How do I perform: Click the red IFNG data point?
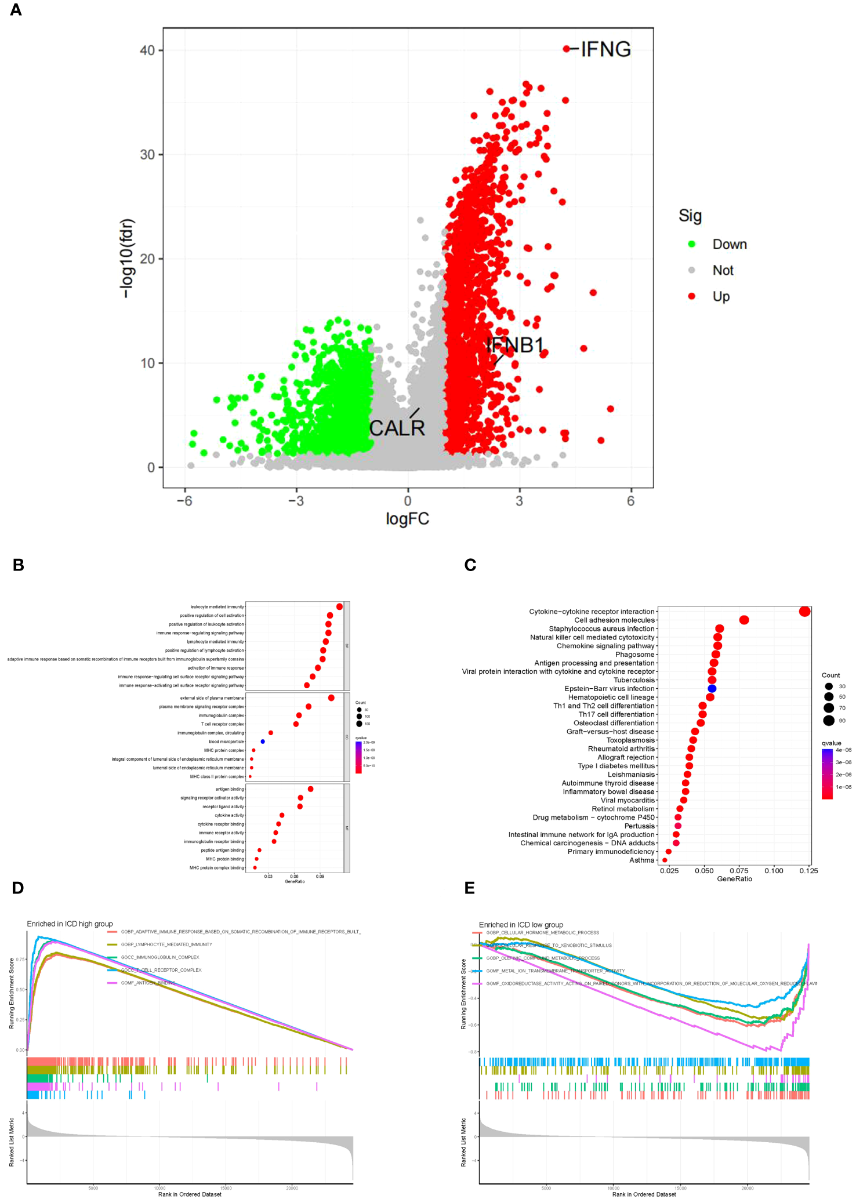pyautogui.click(x=566, y=49)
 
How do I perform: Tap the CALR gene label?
pyautogui.click(x=397, y=428)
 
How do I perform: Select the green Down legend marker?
pyautogui.click(x=691, y=244)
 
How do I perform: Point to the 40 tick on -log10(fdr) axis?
pyautogui.click(x=147, y=50)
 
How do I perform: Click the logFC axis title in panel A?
pyautogui.click(x=407, y=518)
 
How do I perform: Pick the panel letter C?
pyautogui.click(x=470, y=565)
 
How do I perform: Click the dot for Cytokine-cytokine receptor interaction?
pyautogui.click(x=804, y=612)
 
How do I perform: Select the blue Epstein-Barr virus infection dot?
pyautogui.click(x=712, y=689)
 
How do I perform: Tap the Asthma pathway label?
pyautogui.click(x=641, y=860)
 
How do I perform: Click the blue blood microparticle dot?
pyautogui.click(x=263, y=742)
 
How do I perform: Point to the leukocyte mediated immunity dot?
pyautogui.click(x=339, y=606)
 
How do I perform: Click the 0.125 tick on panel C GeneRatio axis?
pyautogui.click(x=808, y=871)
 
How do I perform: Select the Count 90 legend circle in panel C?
pyautogui.click(x=829, y=721)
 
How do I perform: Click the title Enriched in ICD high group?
pyautogui.click(x=70, y=924)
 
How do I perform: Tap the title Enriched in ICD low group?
pyautogui.click(x=521, y=925)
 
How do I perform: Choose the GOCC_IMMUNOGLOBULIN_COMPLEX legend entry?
pyautogui.click(x=159, y=957)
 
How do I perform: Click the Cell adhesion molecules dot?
pyautogui.click(x=744, y=620)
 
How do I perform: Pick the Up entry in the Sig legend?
pyautogui.click(x=721, y=296)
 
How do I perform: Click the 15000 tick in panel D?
pyautogui.click(x=226, y=1188)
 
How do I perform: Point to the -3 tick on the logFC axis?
pyautogui.click(x=296, y=501)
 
